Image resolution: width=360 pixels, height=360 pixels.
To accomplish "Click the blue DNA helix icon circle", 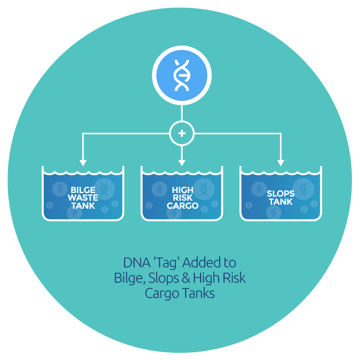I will pos(181,75).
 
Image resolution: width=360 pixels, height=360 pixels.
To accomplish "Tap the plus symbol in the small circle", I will pos(182,133).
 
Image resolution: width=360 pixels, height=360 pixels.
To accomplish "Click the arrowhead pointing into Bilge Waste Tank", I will pos(82,162).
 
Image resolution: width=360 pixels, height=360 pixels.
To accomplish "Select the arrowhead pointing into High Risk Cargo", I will pos(182,162).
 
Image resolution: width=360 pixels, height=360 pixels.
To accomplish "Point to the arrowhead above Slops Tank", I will pos(281,162).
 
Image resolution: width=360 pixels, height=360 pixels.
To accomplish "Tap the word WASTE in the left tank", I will pos(83,198).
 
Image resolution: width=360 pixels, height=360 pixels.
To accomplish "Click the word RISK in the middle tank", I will pos(182,198).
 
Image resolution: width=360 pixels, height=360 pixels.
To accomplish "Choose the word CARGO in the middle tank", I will pos(182,206).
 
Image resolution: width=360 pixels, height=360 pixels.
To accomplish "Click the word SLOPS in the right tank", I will pos(281,194).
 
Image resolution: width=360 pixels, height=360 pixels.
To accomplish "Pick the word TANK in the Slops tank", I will pos(281,202).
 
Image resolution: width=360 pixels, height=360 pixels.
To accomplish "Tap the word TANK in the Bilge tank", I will pos(83,206).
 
